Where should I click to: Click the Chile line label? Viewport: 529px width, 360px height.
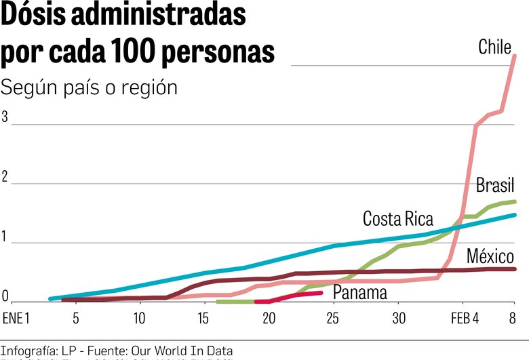click(494, 47)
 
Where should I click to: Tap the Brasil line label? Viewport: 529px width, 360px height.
click(495, 184)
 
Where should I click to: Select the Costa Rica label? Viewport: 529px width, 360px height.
click(397, 219)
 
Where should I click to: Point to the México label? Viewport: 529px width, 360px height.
click(490, 256)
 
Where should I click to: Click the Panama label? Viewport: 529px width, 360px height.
click(359, 293)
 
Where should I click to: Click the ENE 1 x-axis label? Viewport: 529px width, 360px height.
click(17, 318)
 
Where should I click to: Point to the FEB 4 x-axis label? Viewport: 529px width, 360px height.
click(465, 318)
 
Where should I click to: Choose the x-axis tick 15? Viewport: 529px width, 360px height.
click(204, 318)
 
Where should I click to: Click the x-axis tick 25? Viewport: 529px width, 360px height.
click(333, 318)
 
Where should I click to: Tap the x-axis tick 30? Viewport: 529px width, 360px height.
click(399, 318)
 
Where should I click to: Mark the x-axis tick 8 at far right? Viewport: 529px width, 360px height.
click(513, 318)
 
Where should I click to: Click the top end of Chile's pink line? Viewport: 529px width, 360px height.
click(515, 56)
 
